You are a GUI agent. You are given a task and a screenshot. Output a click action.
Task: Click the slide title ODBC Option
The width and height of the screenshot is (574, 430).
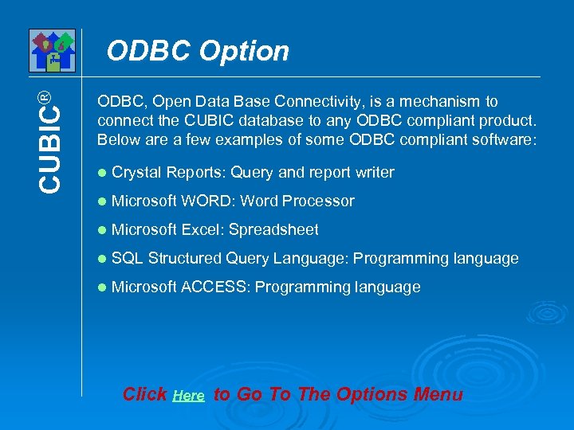pos(198,51)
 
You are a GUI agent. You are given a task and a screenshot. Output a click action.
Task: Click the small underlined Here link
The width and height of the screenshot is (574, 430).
pos(188,396)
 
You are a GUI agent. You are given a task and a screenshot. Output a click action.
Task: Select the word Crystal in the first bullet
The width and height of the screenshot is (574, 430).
pos(137,172)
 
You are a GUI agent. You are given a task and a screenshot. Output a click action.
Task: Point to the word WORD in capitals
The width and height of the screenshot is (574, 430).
pos(208,201)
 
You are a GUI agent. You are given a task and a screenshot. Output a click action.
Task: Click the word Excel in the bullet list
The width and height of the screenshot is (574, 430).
pos(202,229)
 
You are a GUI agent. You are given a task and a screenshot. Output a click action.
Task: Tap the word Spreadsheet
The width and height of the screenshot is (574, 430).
pos(273,229)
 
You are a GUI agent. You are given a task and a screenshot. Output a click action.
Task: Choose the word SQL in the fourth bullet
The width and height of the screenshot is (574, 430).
pos(128,258)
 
